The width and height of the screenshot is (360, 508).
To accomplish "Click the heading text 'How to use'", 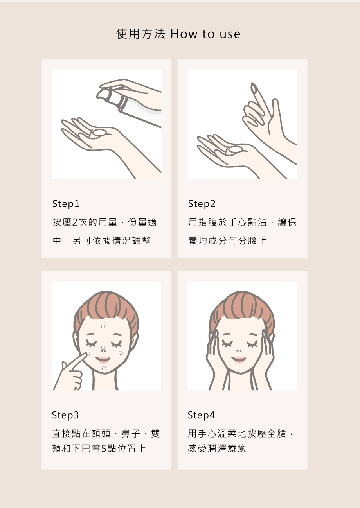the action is pyautogui.click(x=205, y=34).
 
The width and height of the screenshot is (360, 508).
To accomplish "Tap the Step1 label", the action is pyautogui.click(x=66, y=204).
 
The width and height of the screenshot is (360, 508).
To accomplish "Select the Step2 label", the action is pyautogui.click(x=202, y=204).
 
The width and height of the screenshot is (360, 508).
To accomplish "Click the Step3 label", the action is pyautogui.click(x=65, y=415).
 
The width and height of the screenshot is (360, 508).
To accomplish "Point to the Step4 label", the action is pyautogui.click(x=201, y=415).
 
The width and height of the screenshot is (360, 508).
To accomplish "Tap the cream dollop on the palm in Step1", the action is pyautogui.click(x=99, y=133).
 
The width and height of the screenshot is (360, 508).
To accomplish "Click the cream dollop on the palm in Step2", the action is pyautogui.click(x=236, y=149).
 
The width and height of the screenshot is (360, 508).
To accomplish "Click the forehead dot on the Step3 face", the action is pyautogui.click(x=103, y=327).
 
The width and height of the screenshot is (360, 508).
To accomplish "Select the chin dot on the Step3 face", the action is pyautogui.click(x=104, y=368).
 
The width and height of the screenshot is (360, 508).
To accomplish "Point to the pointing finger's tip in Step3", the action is pyautogui.click(x=87, y=354).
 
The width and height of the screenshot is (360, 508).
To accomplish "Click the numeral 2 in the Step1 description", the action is pyautogui.click(x=75, y=222).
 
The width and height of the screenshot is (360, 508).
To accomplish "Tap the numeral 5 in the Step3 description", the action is pyautogui.click(x=104, y=449).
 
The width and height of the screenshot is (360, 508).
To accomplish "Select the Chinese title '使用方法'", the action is pyautogui.click(x=140, y=34).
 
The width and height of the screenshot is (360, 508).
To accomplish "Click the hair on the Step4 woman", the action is pyautogui.click(x=241, y=306).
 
